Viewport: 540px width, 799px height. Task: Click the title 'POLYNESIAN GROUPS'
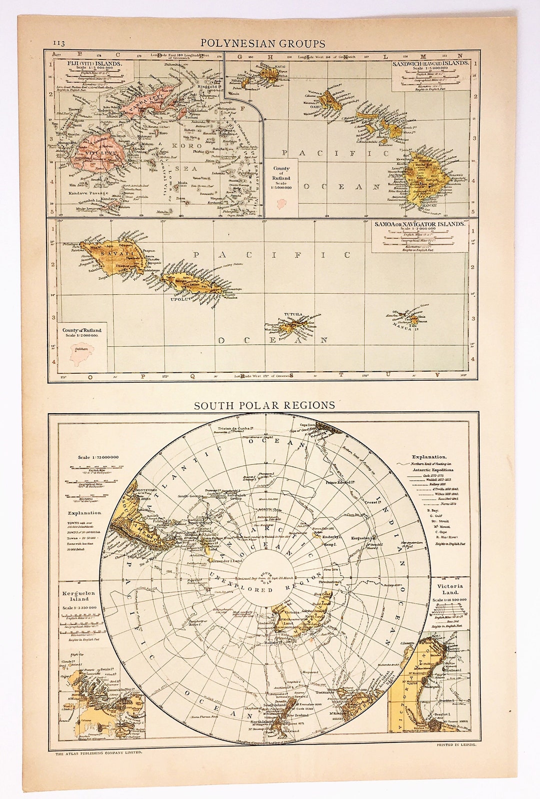tap(263, 43)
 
